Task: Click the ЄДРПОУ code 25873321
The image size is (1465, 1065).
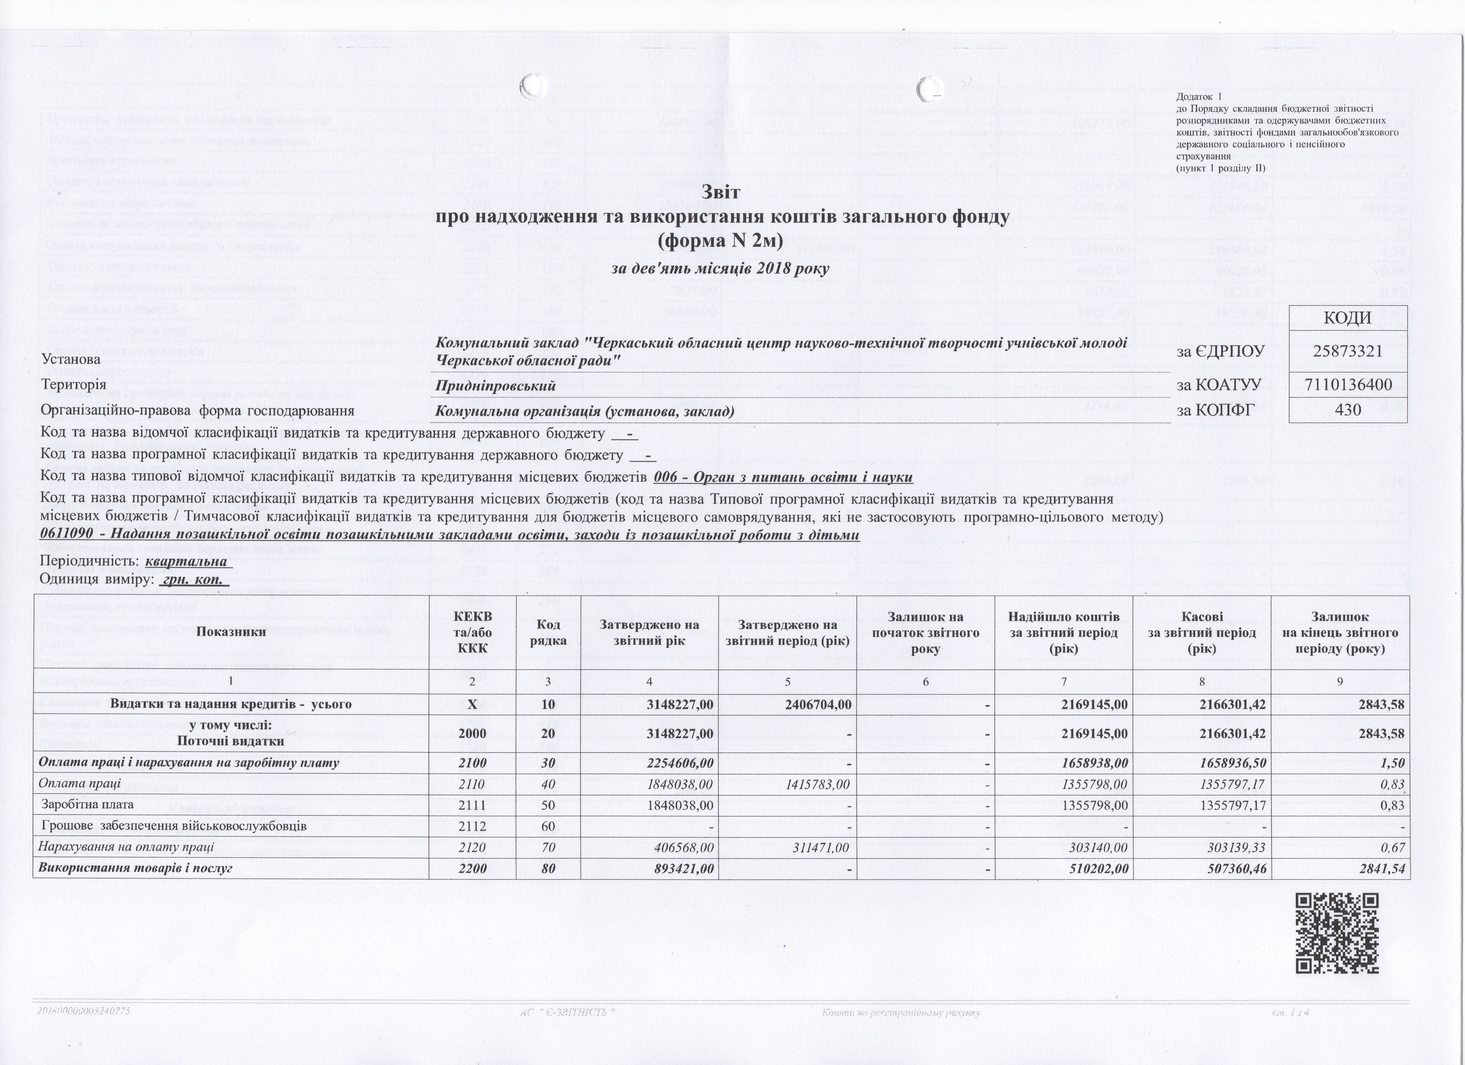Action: [1347, 351]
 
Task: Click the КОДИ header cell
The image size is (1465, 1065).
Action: [1347, 318]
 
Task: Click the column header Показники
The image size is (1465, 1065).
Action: [231, 632]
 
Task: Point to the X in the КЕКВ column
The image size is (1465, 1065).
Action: [472, 704]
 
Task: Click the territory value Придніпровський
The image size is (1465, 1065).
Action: [495, 386]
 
